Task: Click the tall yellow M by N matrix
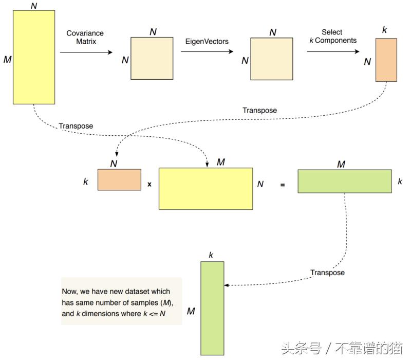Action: click(33, 57)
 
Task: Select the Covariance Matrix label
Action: click(85, 38)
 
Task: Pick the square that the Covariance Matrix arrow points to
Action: click(153, 59)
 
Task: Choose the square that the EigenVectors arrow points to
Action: click(272, 59)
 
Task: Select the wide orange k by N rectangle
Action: click(119, 179)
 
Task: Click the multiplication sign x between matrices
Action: click(150, 183)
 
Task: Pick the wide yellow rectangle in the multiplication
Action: click(206, 188)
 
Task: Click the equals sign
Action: click(283, 183)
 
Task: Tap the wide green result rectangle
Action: click(344, 181)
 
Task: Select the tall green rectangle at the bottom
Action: click(212, 308)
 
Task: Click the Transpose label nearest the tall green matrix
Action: click(327, 272)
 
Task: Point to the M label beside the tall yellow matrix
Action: click(7, 60)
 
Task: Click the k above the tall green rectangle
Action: click(211, 255)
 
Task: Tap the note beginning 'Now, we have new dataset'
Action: click(121, 301)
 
